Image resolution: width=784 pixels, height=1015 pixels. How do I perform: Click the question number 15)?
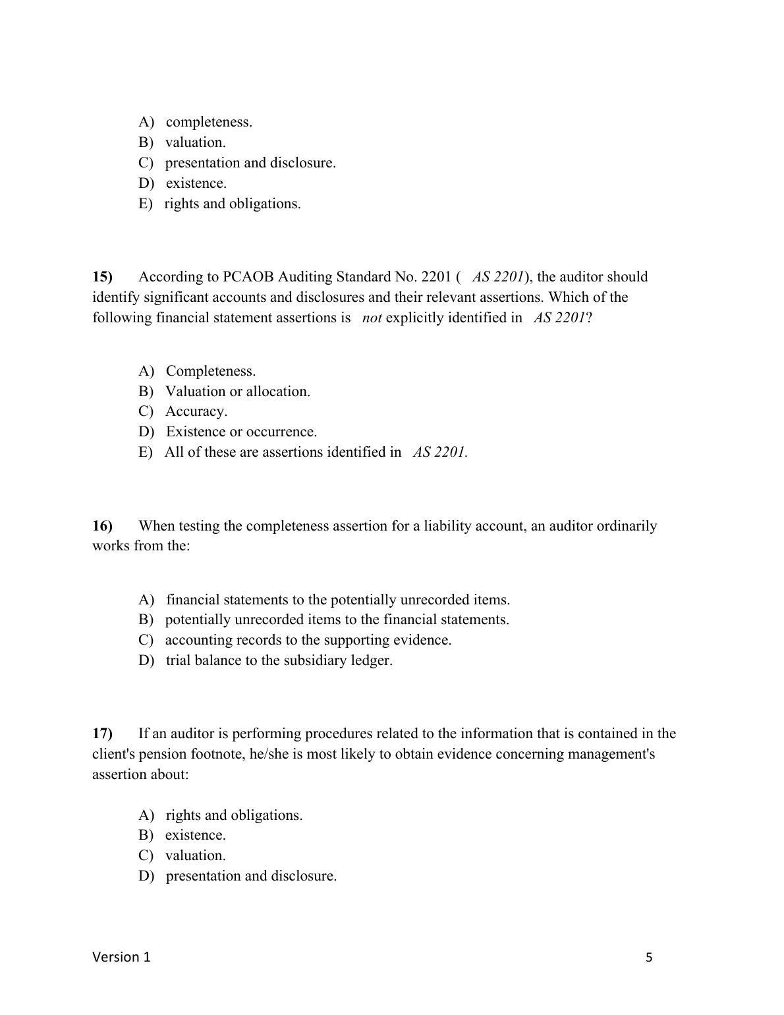click(x=103, y=277)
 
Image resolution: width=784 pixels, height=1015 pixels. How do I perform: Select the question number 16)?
click(x=103, y=526)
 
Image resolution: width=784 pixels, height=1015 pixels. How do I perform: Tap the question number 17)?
click(x=103, y=734)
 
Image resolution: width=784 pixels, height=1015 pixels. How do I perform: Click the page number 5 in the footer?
click(x=649, y=958)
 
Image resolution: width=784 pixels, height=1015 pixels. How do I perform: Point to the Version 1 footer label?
click(x=121, y=957)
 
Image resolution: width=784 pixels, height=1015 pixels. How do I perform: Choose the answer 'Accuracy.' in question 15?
click(x=196, y=411)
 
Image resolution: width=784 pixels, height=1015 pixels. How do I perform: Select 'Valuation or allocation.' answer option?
click(x=237, y=391)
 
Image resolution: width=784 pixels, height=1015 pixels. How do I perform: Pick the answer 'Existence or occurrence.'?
click(x=241, y=432)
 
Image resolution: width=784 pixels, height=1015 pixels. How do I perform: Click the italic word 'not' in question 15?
click(x=372, y=318)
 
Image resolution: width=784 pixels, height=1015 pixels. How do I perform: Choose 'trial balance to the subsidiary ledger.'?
click(x=279, y=660)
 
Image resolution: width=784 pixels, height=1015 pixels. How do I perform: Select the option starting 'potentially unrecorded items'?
click(x=337, y=620)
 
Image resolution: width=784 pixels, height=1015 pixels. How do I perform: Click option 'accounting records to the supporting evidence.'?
click(x=308, y=640)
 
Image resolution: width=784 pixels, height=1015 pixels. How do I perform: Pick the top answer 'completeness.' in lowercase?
click(x=209, y=122)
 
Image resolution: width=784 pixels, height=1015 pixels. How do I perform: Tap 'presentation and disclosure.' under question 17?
click(x=251, y=876)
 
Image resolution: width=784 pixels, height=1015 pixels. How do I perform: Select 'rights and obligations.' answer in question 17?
click(x=234, y=815)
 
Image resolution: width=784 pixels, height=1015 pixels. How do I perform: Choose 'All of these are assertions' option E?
click(x=283, y=452)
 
